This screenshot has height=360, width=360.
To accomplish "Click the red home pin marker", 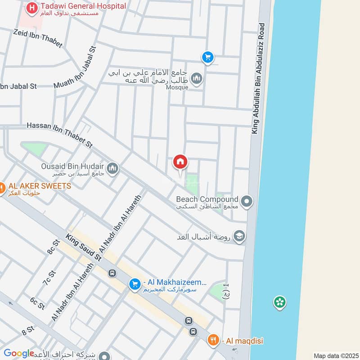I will pos(180,162).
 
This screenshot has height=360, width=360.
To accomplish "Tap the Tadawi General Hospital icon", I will pos(31,8).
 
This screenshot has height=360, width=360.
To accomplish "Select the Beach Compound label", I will pos(207,199).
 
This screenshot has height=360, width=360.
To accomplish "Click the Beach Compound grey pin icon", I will pos(246,202).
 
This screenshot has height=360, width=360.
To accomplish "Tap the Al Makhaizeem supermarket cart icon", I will pos(134,284).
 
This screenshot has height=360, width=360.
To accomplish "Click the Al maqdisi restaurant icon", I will pos(214,341).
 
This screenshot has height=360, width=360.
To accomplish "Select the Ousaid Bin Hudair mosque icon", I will pos(112,168).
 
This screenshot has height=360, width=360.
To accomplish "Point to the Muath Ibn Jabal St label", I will pos(75,73).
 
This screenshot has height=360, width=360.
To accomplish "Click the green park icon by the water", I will pos(280,302).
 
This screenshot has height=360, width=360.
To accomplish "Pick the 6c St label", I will pos(37,303).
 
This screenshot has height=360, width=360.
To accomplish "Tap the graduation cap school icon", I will pos(239,236).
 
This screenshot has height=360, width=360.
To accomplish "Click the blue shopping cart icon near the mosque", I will pos(207,57).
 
